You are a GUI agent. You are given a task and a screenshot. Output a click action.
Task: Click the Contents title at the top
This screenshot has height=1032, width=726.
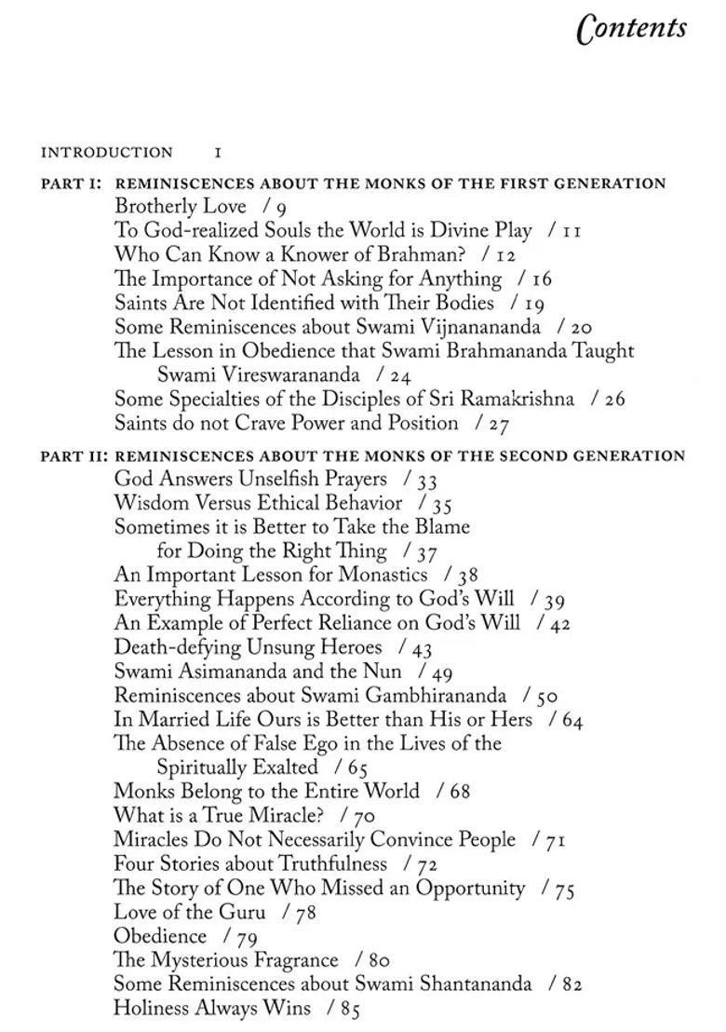[632, 29]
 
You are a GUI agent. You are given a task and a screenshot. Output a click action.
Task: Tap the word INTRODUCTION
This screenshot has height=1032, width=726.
[106, 152]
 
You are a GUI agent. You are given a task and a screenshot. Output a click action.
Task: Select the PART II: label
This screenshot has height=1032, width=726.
[74, 456]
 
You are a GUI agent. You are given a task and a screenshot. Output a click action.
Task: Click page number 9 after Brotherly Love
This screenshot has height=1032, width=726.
[281, 208]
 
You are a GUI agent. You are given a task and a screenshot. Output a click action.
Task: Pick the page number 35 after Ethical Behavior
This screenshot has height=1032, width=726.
[441, 505]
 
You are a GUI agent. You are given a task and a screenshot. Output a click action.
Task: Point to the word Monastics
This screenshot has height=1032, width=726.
[382, 575]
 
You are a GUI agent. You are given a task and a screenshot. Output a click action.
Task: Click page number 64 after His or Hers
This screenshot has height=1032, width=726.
[572, 720]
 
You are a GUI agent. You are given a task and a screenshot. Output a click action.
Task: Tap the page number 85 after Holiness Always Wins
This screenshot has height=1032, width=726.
[349, 1009]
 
